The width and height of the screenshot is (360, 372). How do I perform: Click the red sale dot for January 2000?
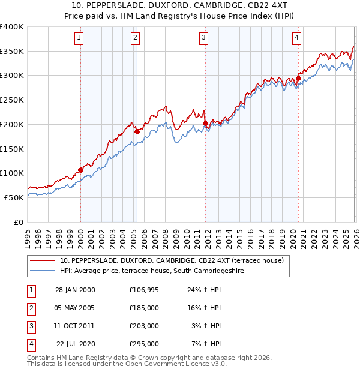coord(80,170)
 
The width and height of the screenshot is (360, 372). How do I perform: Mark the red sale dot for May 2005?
coord(137,131)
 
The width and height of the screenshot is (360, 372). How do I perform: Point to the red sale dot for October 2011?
coord(205,123)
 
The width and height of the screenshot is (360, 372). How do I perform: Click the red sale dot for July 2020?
coord(298,77)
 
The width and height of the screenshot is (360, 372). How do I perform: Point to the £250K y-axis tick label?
coord(12,100)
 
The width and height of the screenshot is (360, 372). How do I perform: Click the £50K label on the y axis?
coord(14,197)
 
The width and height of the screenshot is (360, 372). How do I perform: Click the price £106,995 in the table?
coord(144,290)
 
